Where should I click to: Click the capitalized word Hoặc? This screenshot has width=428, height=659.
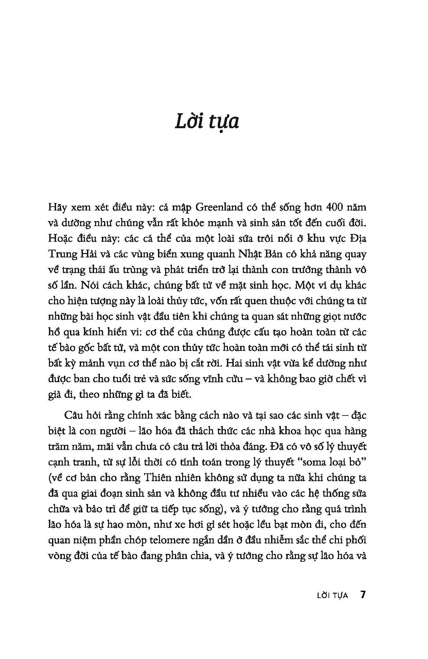(x=61, y=238)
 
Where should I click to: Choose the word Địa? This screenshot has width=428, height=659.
(x=357, y=238)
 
